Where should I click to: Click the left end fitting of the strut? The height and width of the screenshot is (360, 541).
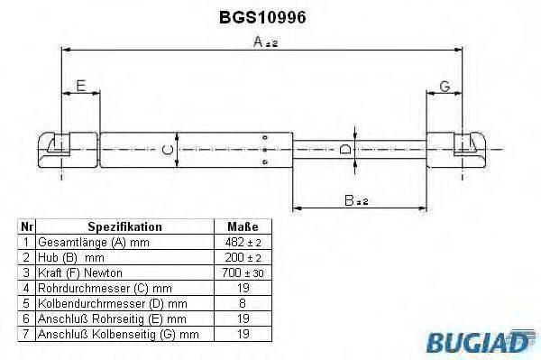59,147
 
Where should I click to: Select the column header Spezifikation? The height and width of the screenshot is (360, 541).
124,226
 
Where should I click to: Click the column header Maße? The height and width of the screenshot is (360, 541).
243,226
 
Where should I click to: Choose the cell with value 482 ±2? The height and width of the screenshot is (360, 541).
243,243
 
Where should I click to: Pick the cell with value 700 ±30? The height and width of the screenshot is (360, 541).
243,272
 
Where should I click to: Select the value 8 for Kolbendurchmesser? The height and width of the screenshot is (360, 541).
243,302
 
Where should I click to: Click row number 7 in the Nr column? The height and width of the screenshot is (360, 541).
26,334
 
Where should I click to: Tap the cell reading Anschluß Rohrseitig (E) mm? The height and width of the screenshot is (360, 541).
112,318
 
